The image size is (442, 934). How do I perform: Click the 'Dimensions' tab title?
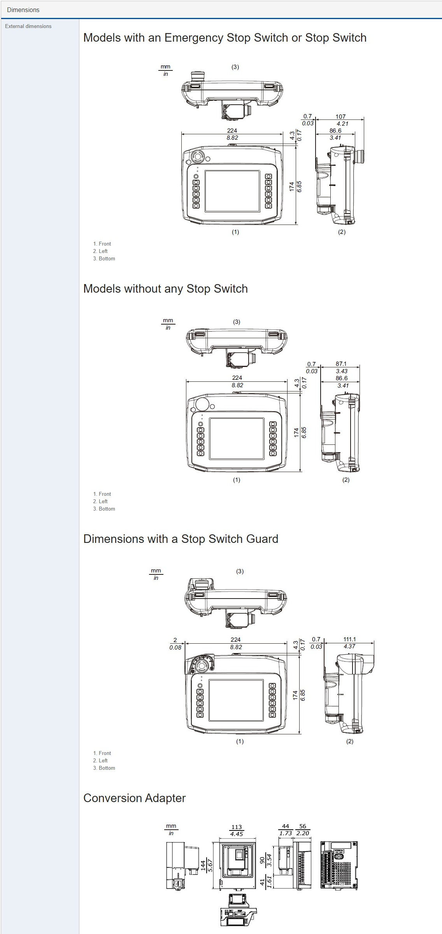click(23, 10)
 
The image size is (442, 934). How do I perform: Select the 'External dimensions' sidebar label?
click(28, 26)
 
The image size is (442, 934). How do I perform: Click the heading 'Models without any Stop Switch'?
click(165, 289)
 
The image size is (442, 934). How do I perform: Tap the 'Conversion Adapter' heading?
click(134, 798)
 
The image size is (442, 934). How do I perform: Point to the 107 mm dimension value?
click(340, 116)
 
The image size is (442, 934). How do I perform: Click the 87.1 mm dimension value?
click(341, 364)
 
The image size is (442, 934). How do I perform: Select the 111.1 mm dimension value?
click(349, 639)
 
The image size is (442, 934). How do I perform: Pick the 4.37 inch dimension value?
click(349, 646)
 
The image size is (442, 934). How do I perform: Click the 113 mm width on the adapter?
click(237, 827)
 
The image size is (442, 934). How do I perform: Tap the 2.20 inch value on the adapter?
click(303, 833)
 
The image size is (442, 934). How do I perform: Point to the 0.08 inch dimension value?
click(175, 648)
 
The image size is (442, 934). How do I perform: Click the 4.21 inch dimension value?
click(342, 124)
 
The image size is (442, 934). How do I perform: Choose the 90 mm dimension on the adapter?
click(262, 860)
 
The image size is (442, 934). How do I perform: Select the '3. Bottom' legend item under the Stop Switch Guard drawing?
click(104, 768)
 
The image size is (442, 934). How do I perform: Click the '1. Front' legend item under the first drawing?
click(102, 244)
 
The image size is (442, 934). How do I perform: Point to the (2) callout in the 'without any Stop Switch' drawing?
click(346, 480)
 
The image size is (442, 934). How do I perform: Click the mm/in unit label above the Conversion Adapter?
click(171, 829)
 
